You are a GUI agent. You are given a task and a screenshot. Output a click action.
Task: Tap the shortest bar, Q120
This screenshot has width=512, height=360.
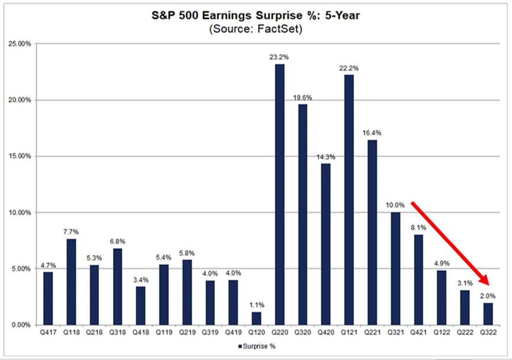coord(256,319)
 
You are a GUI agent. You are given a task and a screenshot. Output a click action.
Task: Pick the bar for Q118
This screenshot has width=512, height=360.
coord(71,282)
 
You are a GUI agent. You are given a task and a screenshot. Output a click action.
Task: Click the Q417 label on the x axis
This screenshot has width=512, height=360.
coord(48,333)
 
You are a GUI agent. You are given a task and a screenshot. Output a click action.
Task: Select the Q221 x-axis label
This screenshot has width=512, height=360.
coord(372,333)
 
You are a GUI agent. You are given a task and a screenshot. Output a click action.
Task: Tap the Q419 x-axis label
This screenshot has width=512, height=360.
coord(233,333)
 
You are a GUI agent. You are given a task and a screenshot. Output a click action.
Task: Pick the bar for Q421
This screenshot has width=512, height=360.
coord(418,279)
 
